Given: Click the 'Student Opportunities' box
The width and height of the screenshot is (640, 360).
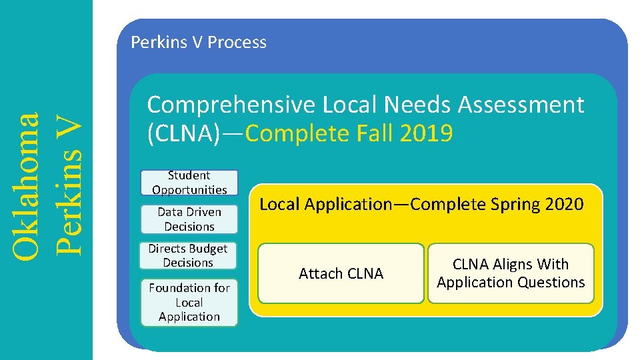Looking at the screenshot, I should pyautogui.click(x=189, y=183).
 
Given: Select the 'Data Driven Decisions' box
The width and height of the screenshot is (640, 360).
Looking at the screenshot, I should pyautogui.click(x=189, y=219).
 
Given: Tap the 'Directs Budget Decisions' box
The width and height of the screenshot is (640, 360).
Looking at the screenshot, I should pyautogui.click(x=188, y=255).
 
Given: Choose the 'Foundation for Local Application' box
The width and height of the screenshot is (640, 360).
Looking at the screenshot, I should pyautogui.click(x=189, y=302).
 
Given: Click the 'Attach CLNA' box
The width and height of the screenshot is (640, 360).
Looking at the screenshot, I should pyautogui.click(x=341, y=273).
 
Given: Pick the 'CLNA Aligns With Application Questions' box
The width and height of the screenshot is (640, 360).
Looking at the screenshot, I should pyautogui.click(x=511, y=273).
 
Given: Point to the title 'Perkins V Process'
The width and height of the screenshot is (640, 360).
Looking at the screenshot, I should pyautogui.click(x=199, y=42).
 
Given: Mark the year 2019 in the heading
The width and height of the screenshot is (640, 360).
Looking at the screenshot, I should pyautogui.click(x=426, y=134).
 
